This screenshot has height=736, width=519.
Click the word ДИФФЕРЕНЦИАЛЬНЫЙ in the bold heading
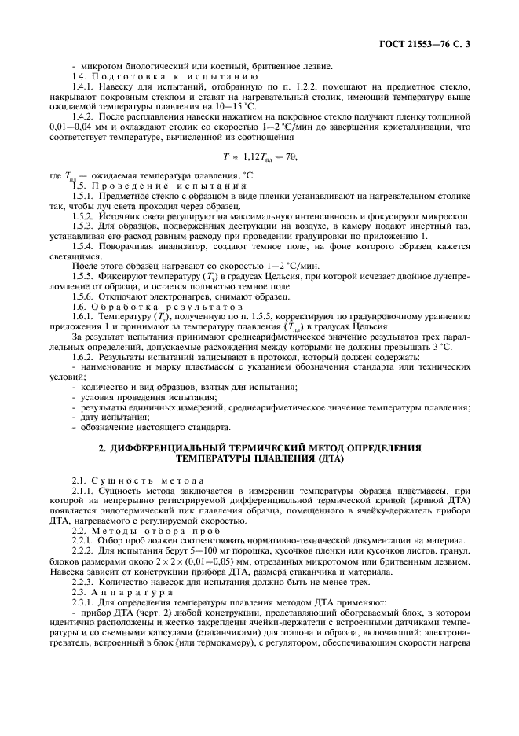coord(170,448)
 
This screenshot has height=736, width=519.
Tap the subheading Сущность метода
coord(148,480)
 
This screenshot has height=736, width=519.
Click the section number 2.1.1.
coord(82,491)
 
